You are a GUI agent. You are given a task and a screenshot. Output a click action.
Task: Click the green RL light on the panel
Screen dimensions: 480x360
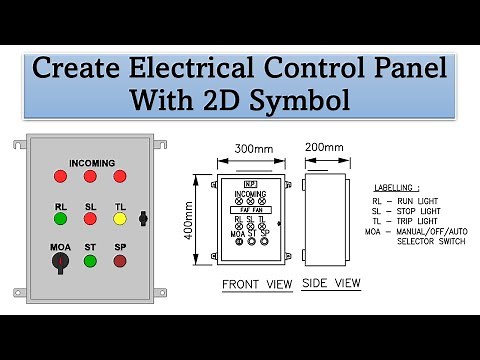(60, 218)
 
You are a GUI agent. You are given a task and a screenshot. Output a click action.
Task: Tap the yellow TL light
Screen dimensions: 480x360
(120, 218)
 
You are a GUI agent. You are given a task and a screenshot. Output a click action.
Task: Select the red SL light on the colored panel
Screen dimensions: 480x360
(90, 218)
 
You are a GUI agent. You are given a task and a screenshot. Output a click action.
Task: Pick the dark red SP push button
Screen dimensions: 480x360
(120, 262)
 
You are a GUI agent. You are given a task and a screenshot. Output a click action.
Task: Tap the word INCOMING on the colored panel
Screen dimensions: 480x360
(92, 162)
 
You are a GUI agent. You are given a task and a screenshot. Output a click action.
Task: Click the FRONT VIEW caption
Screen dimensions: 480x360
(257, 284)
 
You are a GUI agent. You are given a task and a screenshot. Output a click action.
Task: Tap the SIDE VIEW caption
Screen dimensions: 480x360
(330, 283)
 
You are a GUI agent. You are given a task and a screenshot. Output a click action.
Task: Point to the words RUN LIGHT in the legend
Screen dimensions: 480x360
(425, 202)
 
